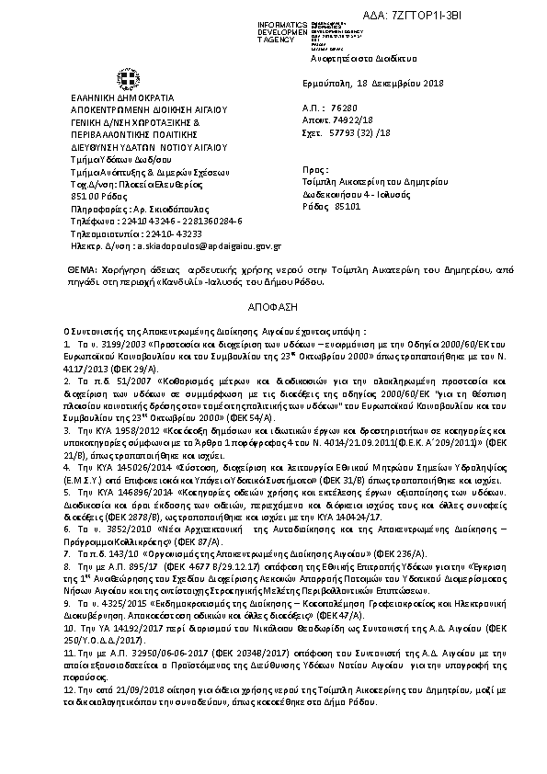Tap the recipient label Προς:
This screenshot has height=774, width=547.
(314, 171)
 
